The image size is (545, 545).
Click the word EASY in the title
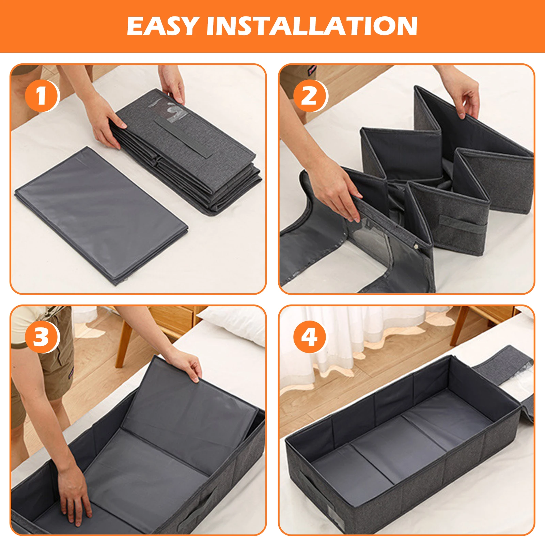(x=163, y=26)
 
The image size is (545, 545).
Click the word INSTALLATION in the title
(x=312, y=26)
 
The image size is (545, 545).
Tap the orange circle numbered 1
(x=42, y=96)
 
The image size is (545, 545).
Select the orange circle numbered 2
(x=310, y=96)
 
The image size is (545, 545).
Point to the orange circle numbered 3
(x=42, y=337)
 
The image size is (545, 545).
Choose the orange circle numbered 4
(x=310, y=337)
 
